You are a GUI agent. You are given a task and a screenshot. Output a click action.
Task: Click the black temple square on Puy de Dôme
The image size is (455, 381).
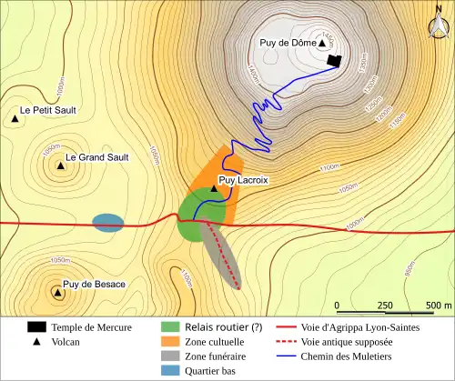pyautogui.click(x=335, y=61)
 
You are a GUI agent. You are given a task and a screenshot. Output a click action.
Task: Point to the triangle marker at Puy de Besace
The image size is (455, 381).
pyautogui.click(x=58, y=292)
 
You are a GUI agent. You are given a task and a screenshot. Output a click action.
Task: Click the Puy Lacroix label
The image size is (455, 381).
pyautogui.click(x=244, y=180)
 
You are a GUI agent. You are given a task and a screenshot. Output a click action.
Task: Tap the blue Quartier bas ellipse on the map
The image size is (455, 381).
pyautogui.click(x=107, y=223)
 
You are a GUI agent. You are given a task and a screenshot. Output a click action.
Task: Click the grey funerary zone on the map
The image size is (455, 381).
pyautogui.click(x=224, y=256)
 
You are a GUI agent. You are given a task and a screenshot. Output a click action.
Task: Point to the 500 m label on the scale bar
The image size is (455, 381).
pyautogui.click(x=439, y=305)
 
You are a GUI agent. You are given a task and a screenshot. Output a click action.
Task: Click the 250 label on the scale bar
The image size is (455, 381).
pyautogui.click(x=385, y=305)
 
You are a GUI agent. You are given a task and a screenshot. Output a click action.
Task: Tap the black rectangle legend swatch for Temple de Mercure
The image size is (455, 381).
pyautogui.click(x=36, y=326)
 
